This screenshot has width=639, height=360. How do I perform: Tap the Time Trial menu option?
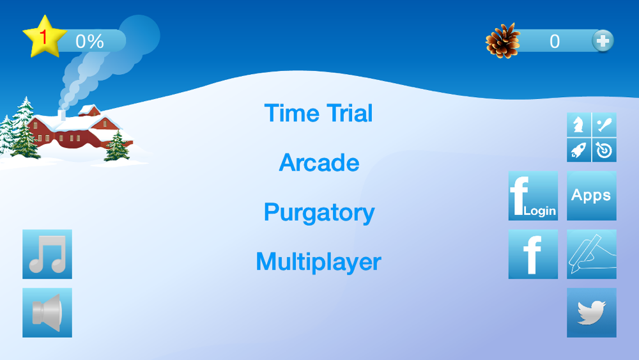[318, 113]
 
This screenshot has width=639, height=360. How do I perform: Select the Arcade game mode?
[319, 162]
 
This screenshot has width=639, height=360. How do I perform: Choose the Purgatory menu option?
[319, 212]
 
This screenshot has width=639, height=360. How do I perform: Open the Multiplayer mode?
[319, 262]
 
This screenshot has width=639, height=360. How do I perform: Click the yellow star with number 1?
[45, 37]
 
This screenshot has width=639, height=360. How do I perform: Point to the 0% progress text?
[89, 41]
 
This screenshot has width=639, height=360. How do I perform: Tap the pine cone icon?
[503, 41]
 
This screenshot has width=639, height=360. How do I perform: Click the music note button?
[47, 254]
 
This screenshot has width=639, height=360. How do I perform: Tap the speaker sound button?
[47, 313]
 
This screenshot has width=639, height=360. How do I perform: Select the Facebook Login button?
[533, 196]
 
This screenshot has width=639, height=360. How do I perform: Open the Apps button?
[591, 196]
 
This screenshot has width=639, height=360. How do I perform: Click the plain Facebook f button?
[533, 254]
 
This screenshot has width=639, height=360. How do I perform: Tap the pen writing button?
[591, 254]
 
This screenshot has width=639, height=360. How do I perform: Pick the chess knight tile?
[579, 125]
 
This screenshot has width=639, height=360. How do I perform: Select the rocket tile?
[579, 150]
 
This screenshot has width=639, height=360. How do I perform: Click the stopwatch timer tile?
[604, 150]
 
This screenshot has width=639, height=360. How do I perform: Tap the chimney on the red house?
[62, 115]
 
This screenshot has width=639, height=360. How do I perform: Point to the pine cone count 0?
[555, 41]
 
